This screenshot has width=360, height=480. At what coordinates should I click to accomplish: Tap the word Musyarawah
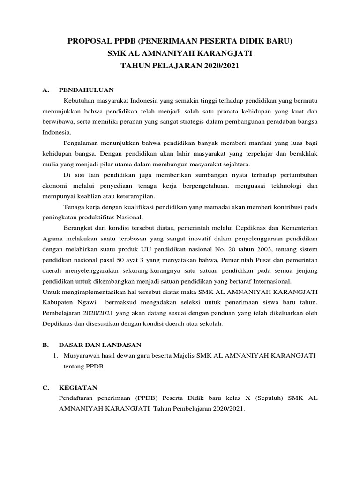coord(82,356)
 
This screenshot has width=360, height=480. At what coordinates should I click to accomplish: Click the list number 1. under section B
coord(55,356)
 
